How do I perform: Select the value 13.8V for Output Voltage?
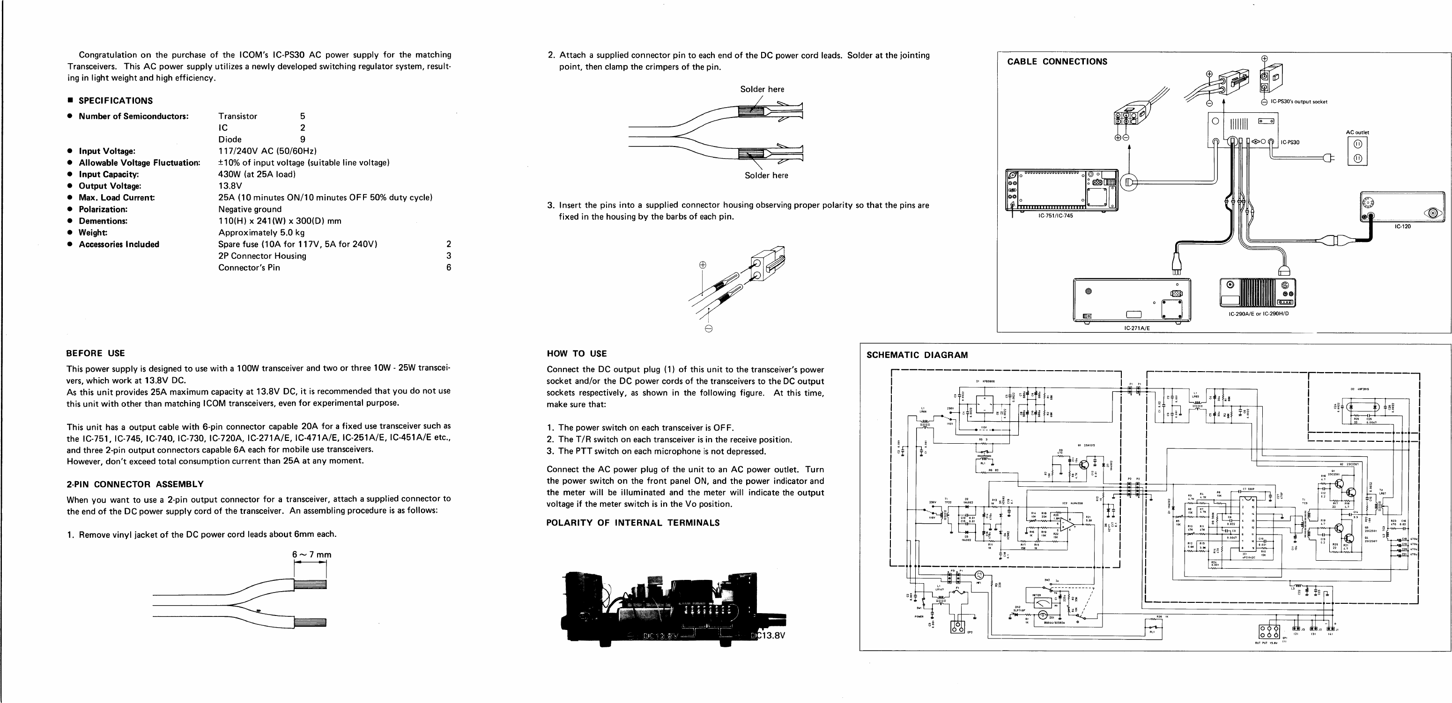[230, 186]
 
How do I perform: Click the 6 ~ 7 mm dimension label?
[311, 555]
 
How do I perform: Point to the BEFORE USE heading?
[95, 353]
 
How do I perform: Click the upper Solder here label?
[762, 89]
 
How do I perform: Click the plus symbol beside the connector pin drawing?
[702, 265]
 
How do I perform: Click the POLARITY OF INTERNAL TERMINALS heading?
[632, 523]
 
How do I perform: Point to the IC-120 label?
[1402, 227]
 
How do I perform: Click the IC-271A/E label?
[1136, 328]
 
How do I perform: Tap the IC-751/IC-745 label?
[1056, 216]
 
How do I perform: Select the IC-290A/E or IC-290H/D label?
[1258, 314]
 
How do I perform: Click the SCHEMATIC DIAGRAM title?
[917, 355]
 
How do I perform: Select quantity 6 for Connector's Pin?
[449, 268]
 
